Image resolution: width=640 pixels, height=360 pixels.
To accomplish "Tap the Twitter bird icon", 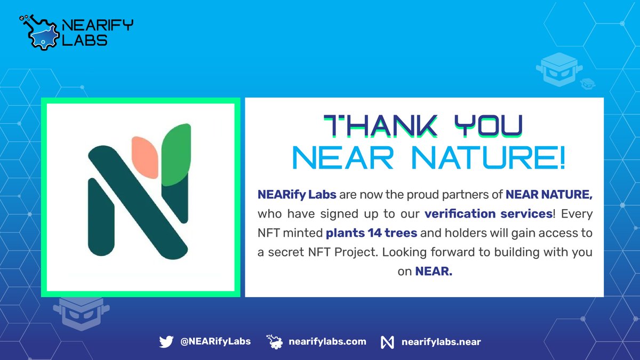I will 166,342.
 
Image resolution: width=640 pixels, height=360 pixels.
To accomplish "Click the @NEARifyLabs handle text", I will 215,341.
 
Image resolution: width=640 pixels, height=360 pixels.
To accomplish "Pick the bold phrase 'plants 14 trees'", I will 362,233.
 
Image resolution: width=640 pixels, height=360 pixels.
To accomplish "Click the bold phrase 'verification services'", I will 487,214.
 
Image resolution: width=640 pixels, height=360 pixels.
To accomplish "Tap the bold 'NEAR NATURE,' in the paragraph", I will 549,195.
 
